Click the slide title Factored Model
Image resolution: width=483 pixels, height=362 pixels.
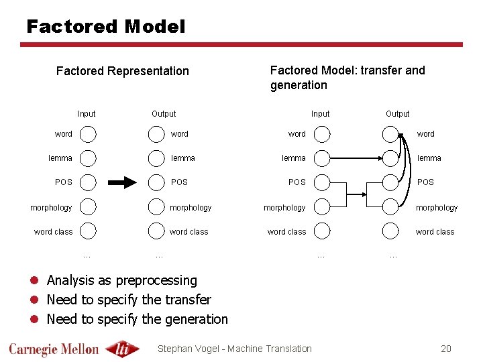coord(105,27)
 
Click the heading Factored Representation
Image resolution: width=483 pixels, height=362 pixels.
coord(123,71)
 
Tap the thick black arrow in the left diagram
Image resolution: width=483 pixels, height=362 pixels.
coord(122,182)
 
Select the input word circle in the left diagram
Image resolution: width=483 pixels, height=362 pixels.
coord(89,134)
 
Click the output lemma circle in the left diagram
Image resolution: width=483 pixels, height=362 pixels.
coord(156,158)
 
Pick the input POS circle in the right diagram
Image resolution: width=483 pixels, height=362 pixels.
coord(322,182)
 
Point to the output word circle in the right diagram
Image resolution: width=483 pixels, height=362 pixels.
coord(390,134)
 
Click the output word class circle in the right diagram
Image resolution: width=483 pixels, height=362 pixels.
coord(390,231)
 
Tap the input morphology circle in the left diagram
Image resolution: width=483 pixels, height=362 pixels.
coord(89,207)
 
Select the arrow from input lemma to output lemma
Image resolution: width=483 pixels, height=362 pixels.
coord(356,159)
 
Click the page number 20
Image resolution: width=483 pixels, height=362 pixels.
coord(446,348)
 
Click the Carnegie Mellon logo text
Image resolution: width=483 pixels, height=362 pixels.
coord(54,349)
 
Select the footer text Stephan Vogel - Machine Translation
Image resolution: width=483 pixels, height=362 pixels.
coord(234,348)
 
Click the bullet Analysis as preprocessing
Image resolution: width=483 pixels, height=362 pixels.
coord(121,280)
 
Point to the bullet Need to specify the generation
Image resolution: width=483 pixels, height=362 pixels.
coord(137,319)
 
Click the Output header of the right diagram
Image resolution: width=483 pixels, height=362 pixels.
coord(397,114)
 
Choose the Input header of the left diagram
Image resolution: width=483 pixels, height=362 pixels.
coord(86,114)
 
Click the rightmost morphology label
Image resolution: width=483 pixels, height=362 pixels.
coord(437,208)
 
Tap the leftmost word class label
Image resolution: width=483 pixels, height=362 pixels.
coord(54,232)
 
